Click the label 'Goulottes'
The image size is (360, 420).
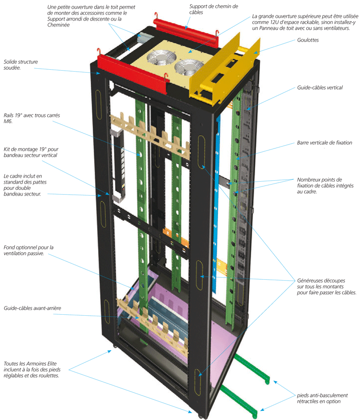(x=309, y=40)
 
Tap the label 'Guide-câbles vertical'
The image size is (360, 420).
(x=320, y=88)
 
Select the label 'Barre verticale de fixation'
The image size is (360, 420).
(x=324, y=143)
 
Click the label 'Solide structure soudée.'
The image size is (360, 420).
(x=21, y=65)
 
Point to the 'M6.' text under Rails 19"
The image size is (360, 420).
(x=10, y=121)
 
